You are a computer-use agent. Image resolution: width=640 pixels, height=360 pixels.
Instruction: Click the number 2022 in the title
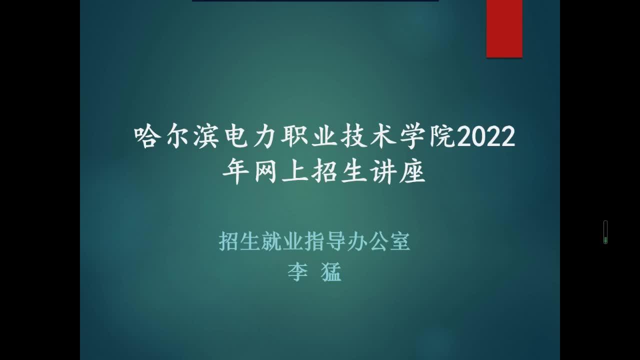click(x=486, y=136)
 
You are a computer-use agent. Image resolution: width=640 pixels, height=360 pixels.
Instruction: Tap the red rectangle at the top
click(x=504, y=28)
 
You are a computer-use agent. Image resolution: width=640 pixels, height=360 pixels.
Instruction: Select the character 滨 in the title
click(x=207, y=136)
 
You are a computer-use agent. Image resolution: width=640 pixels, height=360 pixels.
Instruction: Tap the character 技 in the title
click(x=355, y=136)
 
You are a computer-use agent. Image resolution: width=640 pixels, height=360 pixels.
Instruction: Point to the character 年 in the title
click(x=236, y=172)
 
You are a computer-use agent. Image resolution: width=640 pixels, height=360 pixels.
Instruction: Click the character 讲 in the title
click(x=383, y=172)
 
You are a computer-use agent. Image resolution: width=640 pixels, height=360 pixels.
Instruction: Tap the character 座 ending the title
click(x=413, y=172)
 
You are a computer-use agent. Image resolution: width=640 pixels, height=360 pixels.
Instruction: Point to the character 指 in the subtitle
click(x=314, y=241)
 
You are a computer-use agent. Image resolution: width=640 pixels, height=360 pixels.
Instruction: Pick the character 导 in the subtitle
click(x=335, y=241)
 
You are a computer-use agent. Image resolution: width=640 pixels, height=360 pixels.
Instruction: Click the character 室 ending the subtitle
click(x=400, y=241)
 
